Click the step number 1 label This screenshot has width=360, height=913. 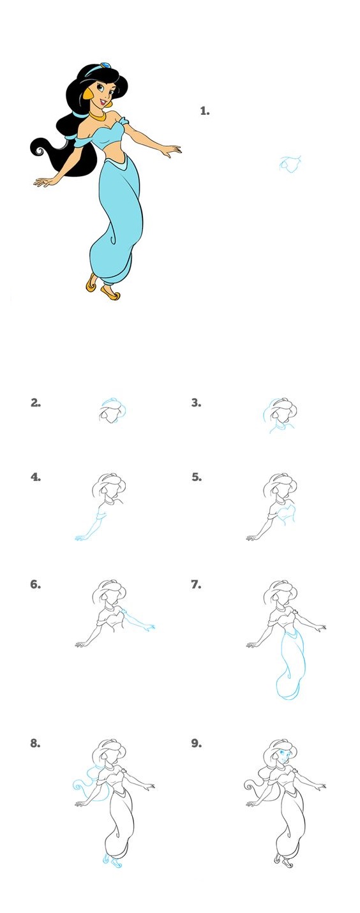coord(205,110)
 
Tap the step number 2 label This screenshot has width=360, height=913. coord(36,403)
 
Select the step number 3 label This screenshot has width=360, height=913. coord(197,403)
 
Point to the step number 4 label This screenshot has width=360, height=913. coord(36,477)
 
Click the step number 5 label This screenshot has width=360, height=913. coord(197,477)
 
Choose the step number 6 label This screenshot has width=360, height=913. coord(36,584)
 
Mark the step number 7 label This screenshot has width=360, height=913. coord(197,584)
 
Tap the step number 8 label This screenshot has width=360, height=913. coord(36,743)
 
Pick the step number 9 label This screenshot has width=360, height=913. coord(197,743)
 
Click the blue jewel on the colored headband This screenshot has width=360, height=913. coord(105,65)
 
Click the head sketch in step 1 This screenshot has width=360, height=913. coord(290,163)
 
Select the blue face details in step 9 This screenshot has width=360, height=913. coord(283,754)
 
